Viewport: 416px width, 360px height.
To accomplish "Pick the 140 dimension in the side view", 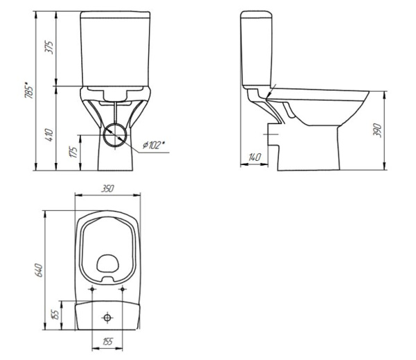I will pos(254,158).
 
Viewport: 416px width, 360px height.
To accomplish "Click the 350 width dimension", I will pos(107,188).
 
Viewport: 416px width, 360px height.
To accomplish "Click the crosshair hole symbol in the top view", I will pos(107,317).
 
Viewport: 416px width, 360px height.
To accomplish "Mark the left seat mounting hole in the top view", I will pos(92,289).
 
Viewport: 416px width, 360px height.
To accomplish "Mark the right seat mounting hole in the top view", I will pos(122,289).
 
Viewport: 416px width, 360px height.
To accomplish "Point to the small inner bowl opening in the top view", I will pos(107,264).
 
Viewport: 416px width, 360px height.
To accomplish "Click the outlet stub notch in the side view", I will pos(272,128).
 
